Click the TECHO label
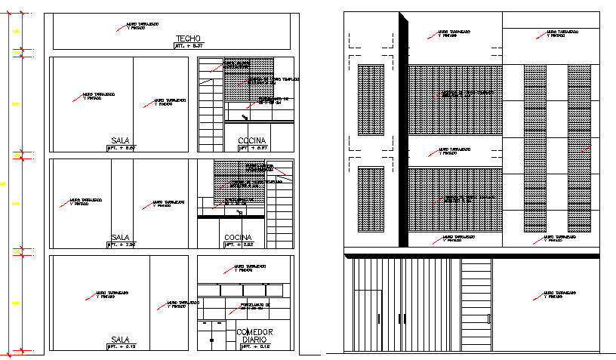tap(187, 38)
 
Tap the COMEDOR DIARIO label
tap(254, 336)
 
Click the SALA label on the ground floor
tap(121, 340)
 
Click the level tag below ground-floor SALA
tap(121, 347)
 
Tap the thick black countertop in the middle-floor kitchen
tap(230, 217)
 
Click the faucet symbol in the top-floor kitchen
tap(245, 116)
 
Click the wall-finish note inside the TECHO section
tap(140, 26)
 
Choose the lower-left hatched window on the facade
tap(370, 198)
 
